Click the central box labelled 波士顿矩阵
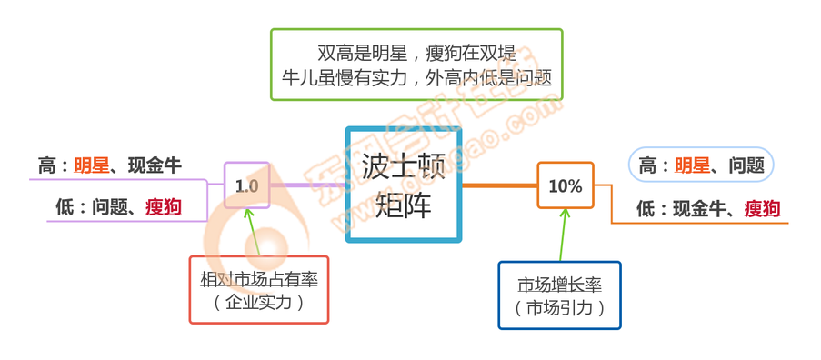tap(403, 185)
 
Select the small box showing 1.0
tap(246, 185)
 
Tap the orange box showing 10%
tap(565, 185)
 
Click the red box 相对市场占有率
tap(259, 289)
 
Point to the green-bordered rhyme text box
tap(416, 64)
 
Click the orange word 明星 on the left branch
tap(91, 165)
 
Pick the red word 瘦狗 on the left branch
tap(163, 207)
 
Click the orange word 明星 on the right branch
tap(692, 165)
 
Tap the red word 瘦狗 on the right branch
tap(762, 208)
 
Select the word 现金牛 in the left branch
tap(154, 165)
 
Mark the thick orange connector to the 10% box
tap(499, 185)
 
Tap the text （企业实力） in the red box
tap(259, 303)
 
